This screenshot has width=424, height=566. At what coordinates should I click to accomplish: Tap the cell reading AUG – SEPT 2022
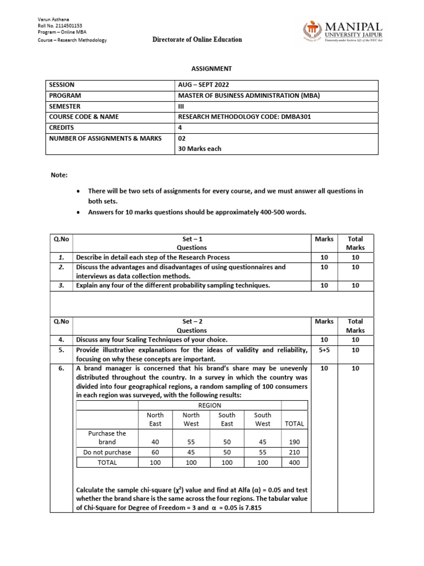[x=203, y=85]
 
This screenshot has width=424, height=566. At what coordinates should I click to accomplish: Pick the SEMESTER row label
[x=65, y=106]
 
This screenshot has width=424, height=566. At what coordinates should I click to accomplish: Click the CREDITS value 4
[x=180, y=127]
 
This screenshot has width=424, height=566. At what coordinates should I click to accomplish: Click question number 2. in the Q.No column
[x=61, y=267]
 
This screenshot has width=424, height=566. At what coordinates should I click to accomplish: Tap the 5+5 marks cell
[x=324, y=350]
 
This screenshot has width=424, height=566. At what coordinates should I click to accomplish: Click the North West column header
[x=191, y=419]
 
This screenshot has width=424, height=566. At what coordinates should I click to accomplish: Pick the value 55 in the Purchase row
[x=191, y=442]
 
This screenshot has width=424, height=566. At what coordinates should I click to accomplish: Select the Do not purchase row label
[x=107, y=452]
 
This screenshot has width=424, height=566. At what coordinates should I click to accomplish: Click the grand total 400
[x=294, y=463]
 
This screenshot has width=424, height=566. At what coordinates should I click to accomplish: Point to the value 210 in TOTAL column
[x=294, y=452]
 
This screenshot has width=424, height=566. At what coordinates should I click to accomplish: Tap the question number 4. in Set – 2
[x=61, y=339]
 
